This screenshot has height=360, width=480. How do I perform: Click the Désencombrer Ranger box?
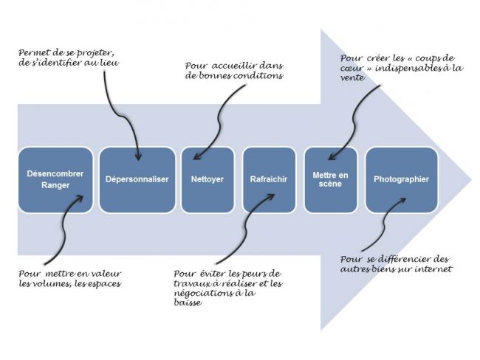[x=56, y=180]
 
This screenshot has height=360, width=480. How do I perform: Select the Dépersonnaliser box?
[x=137, y=180]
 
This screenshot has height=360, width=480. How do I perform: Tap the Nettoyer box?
[x=208, y=180]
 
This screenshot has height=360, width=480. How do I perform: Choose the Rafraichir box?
[x=269, y=180]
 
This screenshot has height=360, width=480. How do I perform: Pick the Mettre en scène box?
[x=330, y=180]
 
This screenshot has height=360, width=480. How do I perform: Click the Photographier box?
[x=401, y=180]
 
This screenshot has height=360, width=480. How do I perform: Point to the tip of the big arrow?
[x=470, y=180]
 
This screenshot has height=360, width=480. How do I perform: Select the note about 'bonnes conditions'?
[x=233, y=70]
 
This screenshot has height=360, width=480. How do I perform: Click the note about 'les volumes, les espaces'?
[x=70, y=277]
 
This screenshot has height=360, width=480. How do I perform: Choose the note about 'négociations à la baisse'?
[x=222, y=283]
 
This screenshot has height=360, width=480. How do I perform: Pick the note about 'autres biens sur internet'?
[x=394, y=263]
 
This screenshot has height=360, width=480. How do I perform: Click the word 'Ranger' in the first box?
[x=55, y=187]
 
